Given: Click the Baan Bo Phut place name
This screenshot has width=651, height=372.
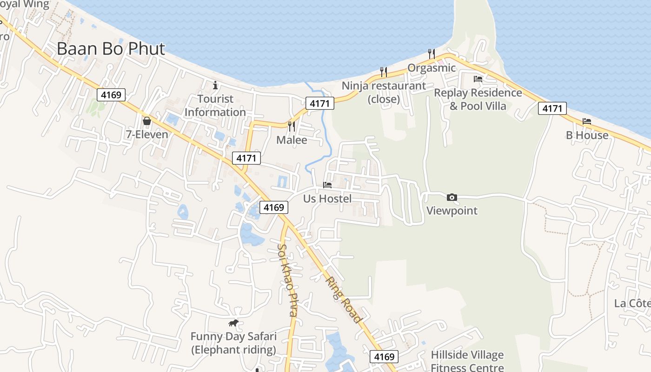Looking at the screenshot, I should click(x=111, y=48).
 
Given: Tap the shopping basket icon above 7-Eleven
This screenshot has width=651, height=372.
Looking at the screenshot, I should click(x=147, y=121).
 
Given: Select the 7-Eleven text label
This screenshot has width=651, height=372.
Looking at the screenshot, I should click(x=147, y=134).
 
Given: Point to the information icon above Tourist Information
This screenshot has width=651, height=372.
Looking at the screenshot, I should click(x=215, y=85).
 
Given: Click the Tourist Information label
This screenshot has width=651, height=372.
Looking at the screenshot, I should click(x=215, y=106).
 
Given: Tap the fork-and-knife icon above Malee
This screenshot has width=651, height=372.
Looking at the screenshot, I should click(x=292, y=126).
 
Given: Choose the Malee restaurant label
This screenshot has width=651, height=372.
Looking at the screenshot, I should click(x=292, y=140).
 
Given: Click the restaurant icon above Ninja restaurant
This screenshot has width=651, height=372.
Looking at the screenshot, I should click(x=384, y=72).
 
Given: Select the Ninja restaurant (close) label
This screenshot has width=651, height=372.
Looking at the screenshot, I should click(x=384, y=92).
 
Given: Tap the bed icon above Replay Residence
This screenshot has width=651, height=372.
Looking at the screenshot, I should click(x=478, y=79).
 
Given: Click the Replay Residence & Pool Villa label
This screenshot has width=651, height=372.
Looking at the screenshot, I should click(x=478, y=99).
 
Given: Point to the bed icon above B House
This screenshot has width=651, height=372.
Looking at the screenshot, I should click(x=587, y=121).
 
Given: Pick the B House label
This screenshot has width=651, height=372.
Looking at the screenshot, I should click(x=587, y=135).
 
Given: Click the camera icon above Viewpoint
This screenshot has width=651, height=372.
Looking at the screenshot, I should click(x=452, y=198).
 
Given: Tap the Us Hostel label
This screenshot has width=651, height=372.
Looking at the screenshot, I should click(x=327, y=199).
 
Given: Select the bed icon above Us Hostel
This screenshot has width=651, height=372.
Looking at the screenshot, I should click(x=327, y=185).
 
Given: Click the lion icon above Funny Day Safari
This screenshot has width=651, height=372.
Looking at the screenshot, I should click(x=233, y=323).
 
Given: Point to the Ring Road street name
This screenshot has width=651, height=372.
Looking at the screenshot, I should click(x=344, y=300).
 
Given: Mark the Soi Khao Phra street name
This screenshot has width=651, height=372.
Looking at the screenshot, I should click(x=287, y=280).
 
